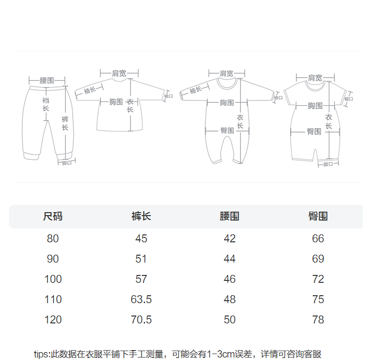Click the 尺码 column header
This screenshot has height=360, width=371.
pos(53,217)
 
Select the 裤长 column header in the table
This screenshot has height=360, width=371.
pos(141,217)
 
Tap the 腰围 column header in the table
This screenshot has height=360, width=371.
pos(230,217)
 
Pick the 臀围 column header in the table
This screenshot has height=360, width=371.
pos(318,217)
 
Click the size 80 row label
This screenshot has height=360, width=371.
pos(53,239)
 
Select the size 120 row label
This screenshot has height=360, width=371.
pos(53,320)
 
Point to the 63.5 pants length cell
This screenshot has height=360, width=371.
pos(141,300)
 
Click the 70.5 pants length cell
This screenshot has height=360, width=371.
pos(141,320)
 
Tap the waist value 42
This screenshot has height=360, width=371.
pos(230,239)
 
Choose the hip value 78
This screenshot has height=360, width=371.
pos(318,320)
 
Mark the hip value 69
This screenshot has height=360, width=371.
pos(318,259)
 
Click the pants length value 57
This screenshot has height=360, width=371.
pos(141,279)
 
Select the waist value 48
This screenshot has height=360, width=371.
pos(230,300)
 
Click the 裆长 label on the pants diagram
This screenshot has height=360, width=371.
pos(46,104)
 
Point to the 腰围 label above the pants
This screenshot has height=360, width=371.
pos(47,80)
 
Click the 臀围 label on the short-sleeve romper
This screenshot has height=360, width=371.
pos(314,132)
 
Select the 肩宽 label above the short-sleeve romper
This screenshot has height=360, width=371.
pos(315,78)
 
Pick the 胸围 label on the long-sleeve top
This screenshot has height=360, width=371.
pos(116,102)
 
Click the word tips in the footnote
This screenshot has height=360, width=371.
pos(42,354)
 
